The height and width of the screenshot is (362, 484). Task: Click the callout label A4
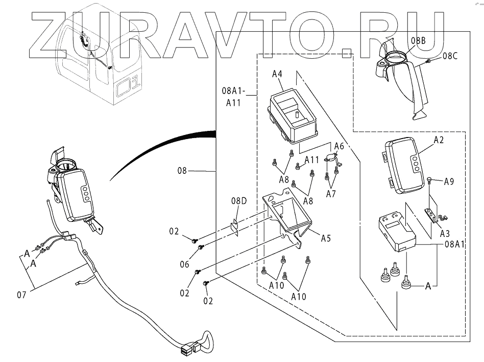(x=277, y=74)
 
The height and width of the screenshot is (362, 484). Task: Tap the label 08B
(x=418, y=40)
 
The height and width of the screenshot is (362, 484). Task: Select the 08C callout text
(x=450, y=56)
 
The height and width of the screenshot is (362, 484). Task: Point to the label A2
(x=439, y=140)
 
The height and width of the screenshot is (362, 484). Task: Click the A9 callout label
(x=449, y=182)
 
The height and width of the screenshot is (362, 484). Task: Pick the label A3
(x=445, y=233)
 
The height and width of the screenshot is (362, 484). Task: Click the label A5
(x=326, y=238)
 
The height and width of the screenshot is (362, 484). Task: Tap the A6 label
(x=339, y=146)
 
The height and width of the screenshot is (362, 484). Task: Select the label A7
(x=331, y=194)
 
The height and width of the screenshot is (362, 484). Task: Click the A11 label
(x=311, y=160)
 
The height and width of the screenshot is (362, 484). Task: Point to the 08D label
(x=239, y=201)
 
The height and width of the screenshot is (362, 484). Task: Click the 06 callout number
(x=184, y=264)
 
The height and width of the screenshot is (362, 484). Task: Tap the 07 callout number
(x=21, y=295)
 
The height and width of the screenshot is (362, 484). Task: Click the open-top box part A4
(x=292, y=116)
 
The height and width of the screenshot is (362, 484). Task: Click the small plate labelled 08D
(x=234, y=228)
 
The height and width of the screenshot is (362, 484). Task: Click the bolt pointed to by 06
(x=201, y=247)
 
